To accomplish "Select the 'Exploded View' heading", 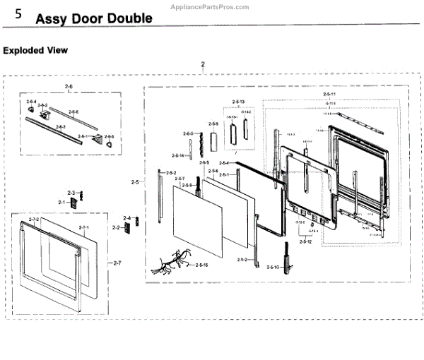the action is [35, 50].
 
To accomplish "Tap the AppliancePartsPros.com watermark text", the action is [210, 6].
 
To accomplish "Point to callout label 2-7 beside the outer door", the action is [117, 263].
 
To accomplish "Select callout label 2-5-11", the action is [329, 94].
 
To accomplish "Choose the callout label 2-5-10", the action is [273, 267].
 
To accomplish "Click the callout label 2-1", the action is [61, 203].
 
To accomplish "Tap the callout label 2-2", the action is [116, 228].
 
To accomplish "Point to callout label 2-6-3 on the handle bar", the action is [61, 127].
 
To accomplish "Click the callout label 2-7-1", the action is [84, 227].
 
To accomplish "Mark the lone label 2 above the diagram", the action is [203, 64].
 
